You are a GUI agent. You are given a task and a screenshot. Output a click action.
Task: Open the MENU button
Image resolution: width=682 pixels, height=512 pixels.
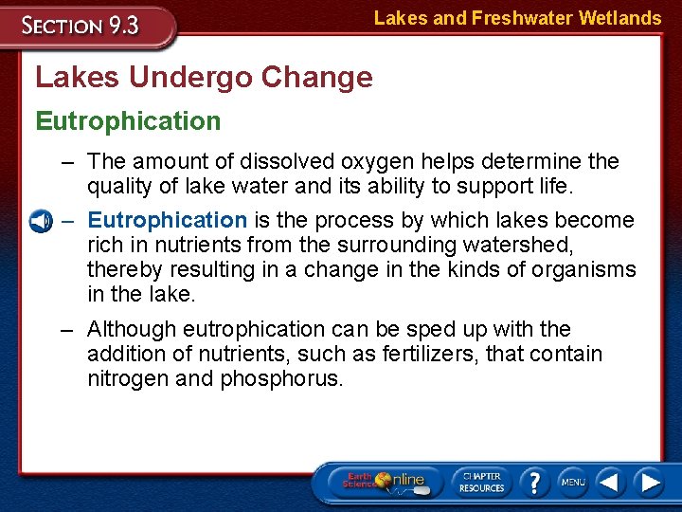click(571, 483)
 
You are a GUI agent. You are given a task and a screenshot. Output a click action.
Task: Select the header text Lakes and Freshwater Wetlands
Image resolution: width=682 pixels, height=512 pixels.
click(517, 18)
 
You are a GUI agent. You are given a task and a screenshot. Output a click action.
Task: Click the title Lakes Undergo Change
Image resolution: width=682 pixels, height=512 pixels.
click(204, 77)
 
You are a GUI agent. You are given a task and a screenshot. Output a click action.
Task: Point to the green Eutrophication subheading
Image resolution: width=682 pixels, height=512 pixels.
click(128, 120)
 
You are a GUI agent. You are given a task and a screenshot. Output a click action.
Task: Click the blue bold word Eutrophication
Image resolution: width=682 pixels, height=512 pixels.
click(167, 220)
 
